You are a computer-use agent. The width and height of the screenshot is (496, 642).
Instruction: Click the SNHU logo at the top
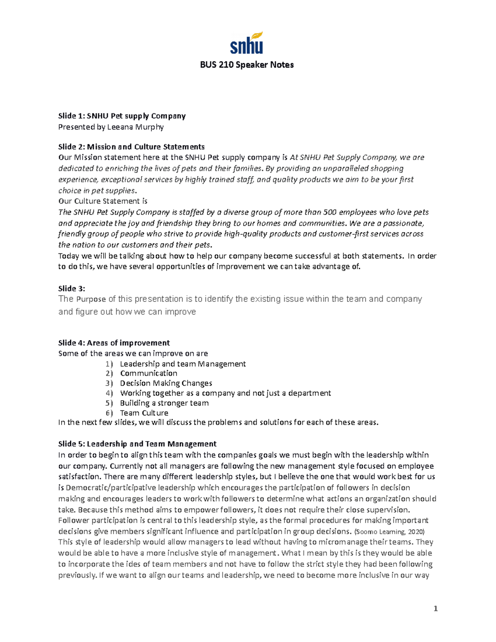(x=246, y=43)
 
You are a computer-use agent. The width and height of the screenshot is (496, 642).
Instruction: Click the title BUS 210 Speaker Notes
(x=247, y=65)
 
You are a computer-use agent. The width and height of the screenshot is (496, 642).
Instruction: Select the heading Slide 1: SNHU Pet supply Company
(x=122, y=116)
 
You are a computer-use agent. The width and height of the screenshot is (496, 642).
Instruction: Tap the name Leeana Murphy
(x=135, y=127)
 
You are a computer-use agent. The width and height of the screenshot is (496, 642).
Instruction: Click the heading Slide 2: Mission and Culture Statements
(x=131, y=147)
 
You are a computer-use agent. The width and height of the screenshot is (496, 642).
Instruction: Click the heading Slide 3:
(x=72, y=289)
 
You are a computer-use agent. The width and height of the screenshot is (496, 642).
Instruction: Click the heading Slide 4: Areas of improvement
(x=114, y=343)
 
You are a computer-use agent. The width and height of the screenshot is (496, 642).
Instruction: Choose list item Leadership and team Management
(x=183, y=364)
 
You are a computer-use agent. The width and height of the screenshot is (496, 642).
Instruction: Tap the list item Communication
(x=148, y=373)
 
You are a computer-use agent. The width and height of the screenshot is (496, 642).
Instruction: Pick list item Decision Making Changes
(x=166, y=383)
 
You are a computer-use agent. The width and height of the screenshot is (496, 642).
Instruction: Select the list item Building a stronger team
(x=164, y=403)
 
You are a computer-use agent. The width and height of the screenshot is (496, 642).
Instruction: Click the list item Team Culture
(x=144, y=413)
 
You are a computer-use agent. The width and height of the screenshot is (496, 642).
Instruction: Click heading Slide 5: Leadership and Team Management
(x=137, y=444)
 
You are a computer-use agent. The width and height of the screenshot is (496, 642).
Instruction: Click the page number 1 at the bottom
(x=435, y=609)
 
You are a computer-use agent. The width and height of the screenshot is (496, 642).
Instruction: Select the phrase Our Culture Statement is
(x=103, y=201)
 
